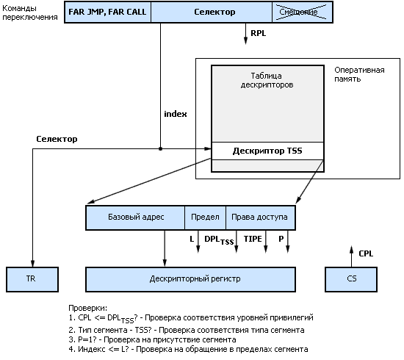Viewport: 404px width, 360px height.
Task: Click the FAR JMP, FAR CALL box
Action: [x=107, y=12]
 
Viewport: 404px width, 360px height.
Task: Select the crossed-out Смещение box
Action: [x=303, y=12]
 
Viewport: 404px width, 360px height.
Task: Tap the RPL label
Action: [x=258, y=33]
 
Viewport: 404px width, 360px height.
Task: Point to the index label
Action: [x=176, y=114]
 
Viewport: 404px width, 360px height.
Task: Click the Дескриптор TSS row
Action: [x=267, y=151]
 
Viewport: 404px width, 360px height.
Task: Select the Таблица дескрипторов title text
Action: [x=267, y=80]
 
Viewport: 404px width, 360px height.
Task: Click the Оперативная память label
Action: [x=359, y=74]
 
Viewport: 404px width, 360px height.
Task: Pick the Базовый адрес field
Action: [x=136, y=217]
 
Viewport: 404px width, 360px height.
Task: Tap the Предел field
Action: [x=205, y=217]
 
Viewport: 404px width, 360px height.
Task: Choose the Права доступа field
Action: [x=261, y=217]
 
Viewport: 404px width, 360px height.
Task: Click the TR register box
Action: [x=32, y=279]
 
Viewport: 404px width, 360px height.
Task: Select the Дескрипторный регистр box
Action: [x=191, y=279]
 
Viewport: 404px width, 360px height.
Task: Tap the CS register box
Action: [x=351, y=279]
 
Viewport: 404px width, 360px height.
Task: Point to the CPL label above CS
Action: [x=366, y=253]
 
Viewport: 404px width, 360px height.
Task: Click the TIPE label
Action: [x=253, y=239]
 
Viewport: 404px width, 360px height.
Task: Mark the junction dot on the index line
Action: [x=161, y=148]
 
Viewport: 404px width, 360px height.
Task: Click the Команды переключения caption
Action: [x=30, y=12]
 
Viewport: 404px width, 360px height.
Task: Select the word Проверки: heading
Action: [x=88, y=308]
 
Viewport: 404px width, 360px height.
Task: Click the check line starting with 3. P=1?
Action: [x=152, y=339]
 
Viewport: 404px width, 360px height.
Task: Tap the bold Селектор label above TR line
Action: [x=57, y=139]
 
